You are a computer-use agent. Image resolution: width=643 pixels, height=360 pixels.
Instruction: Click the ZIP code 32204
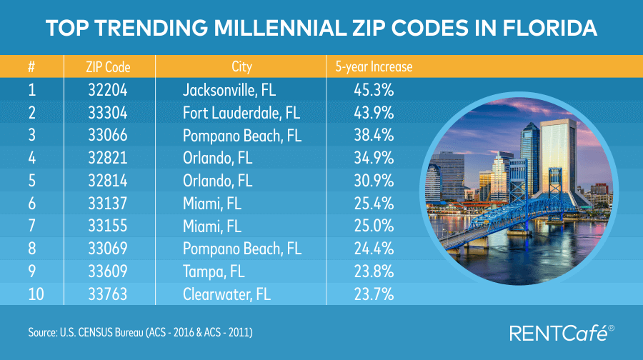(x=107, y=91)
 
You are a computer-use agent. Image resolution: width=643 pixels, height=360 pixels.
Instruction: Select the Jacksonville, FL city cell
(x=229, y=91)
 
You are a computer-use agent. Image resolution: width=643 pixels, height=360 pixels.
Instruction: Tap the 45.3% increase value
(x=374, y=91)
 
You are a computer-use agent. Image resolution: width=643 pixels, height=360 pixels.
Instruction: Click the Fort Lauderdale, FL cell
(x=241, y=114)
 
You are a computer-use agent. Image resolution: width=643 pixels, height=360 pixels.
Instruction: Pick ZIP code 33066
(x=107, y=136)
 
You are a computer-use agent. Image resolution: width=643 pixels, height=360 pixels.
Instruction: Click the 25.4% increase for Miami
(x=374, y=204)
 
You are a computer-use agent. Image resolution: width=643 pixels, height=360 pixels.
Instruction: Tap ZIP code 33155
(x=107, y=226)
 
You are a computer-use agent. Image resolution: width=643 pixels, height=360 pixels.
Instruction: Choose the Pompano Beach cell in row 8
(x=241, y=249)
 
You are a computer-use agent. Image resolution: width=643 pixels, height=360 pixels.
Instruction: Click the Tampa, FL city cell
(x=213, y=271)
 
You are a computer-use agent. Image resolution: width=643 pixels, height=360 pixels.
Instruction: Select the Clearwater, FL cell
(x=225, y=294)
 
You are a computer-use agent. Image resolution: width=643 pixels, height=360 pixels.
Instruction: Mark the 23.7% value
(x=374, y=294)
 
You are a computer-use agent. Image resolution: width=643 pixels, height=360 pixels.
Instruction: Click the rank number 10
(x=34, y=294)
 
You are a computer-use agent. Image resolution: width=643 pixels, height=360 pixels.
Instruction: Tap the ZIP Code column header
(x=107, y=68)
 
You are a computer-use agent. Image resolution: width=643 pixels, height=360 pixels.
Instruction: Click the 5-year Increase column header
(x=374, y=68)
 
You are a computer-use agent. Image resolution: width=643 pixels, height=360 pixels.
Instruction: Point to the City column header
(x=242, y=68)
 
